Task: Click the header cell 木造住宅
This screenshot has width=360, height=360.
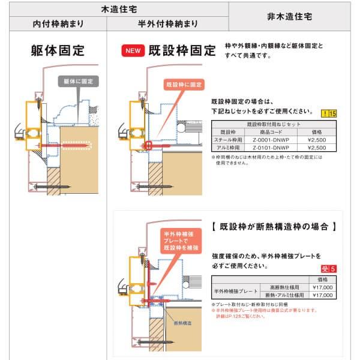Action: tap(114, 9)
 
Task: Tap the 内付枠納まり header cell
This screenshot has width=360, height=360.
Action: tap(58, 25)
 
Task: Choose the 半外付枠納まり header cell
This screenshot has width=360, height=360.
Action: tap(168, 25)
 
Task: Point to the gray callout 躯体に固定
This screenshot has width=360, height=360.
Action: tap(77, 80)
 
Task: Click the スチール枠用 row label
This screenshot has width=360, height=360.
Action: tap(228, 139)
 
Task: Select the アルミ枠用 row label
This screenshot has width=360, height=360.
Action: tap(228, 147)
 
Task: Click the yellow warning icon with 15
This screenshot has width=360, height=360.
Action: tap(325, 112)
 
